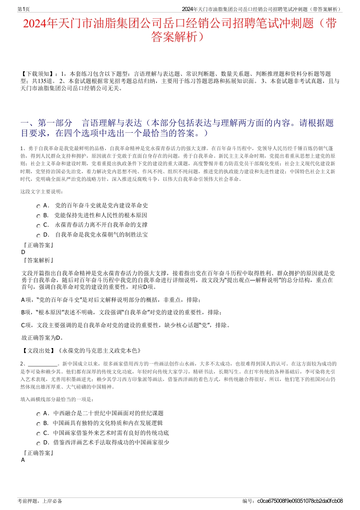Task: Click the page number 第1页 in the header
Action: pos(23,9)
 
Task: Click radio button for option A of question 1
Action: pos(38,206)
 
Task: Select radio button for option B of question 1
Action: pos(38,216)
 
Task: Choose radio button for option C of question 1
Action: pos(38,226)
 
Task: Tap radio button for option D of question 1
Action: pos(38,235)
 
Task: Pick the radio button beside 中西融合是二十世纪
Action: pos(38,414)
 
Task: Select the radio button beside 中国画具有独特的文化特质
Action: pos(38,424)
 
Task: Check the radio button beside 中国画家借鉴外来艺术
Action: pos(38,434)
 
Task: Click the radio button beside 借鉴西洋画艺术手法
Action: pos(38,443)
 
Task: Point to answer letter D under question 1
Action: pos(23,252)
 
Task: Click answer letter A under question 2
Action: pos(23,460)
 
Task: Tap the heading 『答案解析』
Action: pos(38,260)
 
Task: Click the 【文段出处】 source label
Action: pos(38,351)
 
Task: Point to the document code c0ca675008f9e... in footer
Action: pos(300,501)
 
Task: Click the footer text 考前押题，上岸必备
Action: pos(40,501)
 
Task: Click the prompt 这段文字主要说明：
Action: pos(42,192)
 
